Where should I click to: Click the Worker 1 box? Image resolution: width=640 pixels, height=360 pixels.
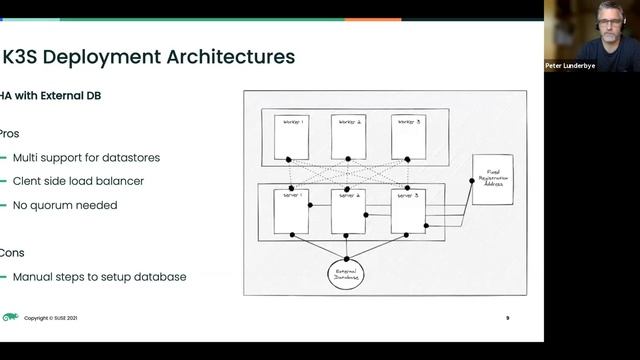tap(291, 137)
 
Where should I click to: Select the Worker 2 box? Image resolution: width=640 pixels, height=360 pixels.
tap(349, 137)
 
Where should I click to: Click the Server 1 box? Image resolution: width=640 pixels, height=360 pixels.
tap(291, 211)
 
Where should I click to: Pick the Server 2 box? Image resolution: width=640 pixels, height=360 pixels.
tap(349, 211)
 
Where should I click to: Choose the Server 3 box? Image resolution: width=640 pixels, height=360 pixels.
tap(407, 211)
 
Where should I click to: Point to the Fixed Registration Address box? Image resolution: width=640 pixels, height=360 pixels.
tap(492, 179)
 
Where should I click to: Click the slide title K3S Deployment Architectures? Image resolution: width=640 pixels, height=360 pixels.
tap(150, 56)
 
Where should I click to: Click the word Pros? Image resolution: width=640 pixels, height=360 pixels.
tap(9, 133)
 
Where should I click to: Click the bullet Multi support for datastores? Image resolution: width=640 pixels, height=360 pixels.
tap(86, 158)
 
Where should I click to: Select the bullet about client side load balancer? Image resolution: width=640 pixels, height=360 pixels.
tap(78, 181)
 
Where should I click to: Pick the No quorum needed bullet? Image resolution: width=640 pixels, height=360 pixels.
tap(65, 205)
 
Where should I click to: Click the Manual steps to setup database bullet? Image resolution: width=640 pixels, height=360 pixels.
tap(99, 276)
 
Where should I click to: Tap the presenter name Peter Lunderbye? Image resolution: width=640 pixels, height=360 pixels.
tap(578, 66)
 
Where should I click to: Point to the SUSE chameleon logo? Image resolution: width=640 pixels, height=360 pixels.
tap(10, 317)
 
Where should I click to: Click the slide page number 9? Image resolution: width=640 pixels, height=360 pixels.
tap(507, 318)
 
